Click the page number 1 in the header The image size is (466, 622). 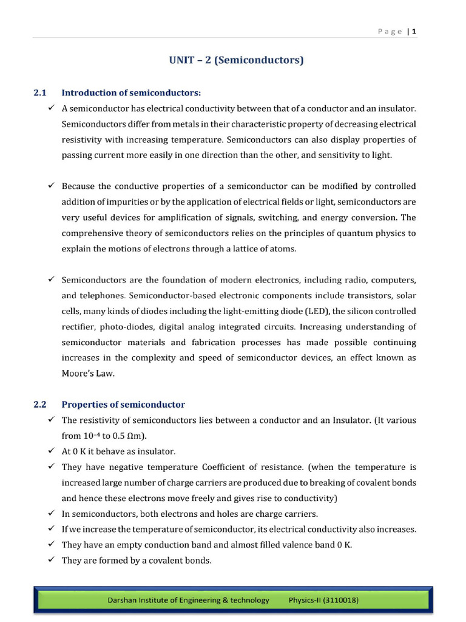click(x=414, y=32)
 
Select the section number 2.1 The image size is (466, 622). click(x=40, y=93)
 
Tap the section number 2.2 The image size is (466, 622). click(x=40, y=405)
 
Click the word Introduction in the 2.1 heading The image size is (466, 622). click(x=89, y=93)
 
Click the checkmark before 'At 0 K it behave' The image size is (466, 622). click(x=50, y=451)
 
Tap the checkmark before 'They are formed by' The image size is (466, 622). click(x=50, y=560)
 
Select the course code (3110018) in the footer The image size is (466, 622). click(x=337, y=600)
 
